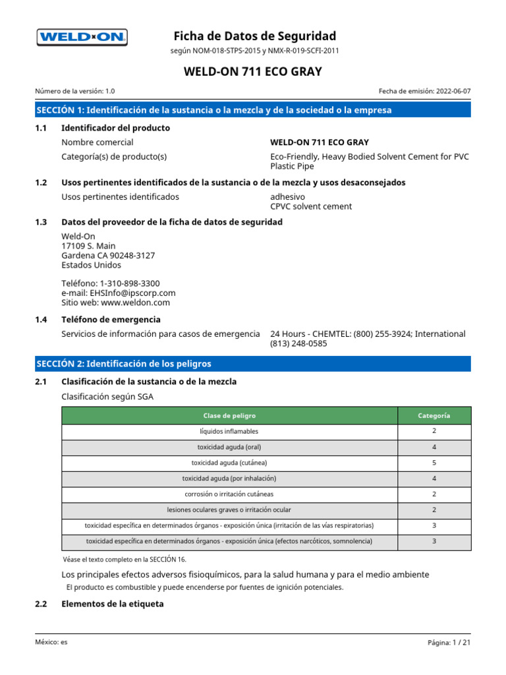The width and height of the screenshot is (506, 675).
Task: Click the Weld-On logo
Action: click(x=82, y=38)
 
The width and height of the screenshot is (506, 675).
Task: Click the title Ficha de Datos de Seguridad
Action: click(x=254, y=36)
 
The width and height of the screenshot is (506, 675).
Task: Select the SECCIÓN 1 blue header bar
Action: click(x=253, y=110)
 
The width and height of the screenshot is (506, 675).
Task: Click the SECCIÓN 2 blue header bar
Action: click(x=253, y=364)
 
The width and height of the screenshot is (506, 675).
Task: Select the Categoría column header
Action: click(x=434, y=416)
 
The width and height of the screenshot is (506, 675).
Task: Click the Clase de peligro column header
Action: click(x=229, y=416)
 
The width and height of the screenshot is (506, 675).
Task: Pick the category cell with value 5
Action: click(x=434, y=463)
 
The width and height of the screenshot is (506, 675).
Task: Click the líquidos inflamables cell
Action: click(x=229, y=431)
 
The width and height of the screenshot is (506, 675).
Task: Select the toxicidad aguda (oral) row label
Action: click(x=229, y=447)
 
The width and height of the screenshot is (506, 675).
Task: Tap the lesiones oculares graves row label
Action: click(x=229, y=510)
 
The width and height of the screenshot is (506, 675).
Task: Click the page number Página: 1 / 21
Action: click(x=449, y=642)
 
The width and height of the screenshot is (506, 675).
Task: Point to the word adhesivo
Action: click(x=288, y=196)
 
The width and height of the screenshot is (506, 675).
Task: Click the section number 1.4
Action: click(x=41, y=320)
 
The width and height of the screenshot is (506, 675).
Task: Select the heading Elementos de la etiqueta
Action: click(x=112, y=604)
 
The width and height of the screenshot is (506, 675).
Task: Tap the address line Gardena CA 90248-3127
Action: click(x=108, y=256)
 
